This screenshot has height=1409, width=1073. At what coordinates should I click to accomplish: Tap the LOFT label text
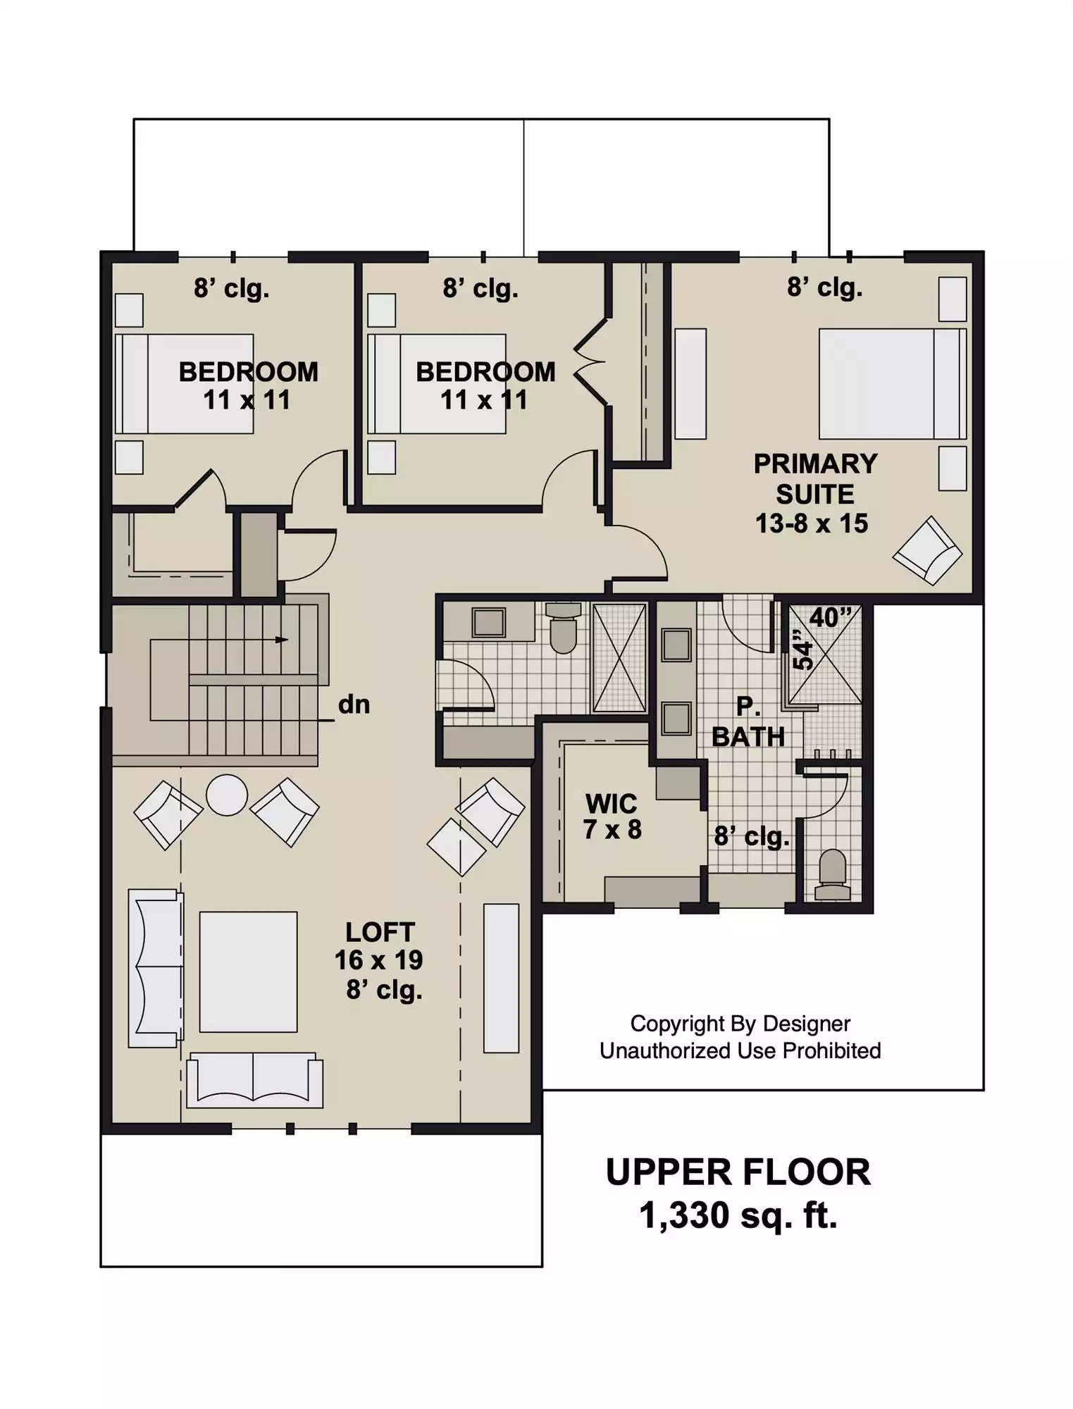(x=380, y=932)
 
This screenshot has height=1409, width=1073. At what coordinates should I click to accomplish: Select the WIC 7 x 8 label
(x=612, y=817)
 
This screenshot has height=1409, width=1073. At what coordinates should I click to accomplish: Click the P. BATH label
(x=748, y=721)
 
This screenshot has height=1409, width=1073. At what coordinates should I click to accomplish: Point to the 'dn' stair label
(x=354, y=704)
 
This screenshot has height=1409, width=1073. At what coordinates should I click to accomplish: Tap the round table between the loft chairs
(x=227, y=795)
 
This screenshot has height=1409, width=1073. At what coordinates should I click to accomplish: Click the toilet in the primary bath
(x=832, y=874)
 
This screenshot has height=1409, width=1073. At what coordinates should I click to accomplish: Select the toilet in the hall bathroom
(x=563, y=627)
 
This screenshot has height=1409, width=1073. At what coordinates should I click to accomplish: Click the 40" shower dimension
(x=831, y=618)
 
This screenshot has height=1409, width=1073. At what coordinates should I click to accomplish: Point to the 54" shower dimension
(x=802, y=648)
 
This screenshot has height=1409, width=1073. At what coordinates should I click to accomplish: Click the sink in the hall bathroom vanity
(x=488, y=622)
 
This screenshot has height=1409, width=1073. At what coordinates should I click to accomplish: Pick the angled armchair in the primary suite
(x=927, y=551)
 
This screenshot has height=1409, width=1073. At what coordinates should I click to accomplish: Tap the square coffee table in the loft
(x=248, y=972)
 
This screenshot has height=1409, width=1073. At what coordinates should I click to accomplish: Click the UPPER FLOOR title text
(x=738, y=1172)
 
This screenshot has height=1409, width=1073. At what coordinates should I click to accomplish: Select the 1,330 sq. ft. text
(x=738, y=1215)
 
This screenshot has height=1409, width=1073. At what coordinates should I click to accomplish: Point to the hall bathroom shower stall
(x=619, y=658)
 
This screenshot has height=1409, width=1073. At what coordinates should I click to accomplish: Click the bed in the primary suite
(x=893, y=383)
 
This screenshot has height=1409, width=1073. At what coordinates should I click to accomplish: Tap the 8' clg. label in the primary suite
(x=825, y=287)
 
